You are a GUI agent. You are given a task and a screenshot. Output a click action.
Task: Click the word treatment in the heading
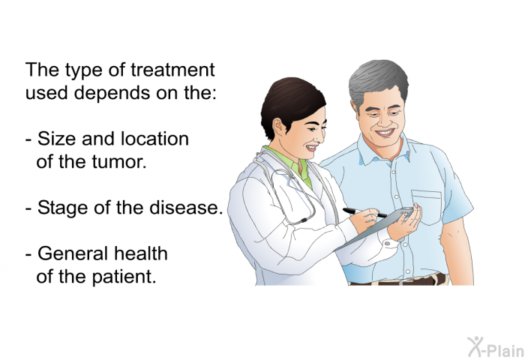click(x=172, y=70)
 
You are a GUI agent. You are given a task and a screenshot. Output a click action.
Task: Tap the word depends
click(x=112, y=93)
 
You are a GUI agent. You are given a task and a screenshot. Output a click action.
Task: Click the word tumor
click(x=118, y=161)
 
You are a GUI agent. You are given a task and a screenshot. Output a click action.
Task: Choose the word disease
click(x=186, y=207)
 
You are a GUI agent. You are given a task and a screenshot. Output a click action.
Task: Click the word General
click(x=68, y=253)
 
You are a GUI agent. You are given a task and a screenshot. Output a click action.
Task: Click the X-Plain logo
click(x=495, y=347)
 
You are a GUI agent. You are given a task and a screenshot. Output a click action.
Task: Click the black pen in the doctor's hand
click(x=364, y=212)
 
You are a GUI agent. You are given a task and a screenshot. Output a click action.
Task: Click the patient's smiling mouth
click(x=385, y=133)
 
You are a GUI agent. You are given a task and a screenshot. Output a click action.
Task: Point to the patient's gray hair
click(x=377, y=79)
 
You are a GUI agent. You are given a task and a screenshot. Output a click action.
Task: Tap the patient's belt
click(x=398, y=280)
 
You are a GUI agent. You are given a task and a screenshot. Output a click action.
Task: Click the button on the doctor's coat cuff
click(x=388, y=244)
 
